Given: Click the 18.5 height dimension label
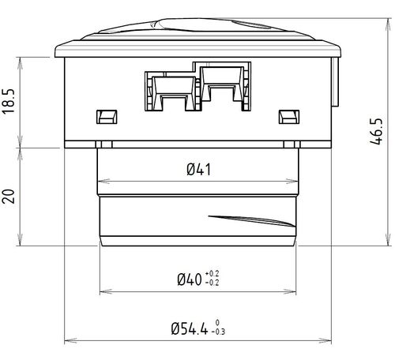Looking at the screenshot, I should click(10, 103).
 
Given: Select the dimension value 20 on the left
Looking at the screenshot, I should click(10, 197).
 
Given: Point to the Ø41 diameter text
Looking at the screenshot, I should click(197, 168).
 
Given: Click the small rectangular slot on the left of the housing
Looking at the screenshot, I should click(104, 116).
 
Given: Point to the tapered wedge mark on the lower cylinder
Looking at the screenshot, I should click(245, 219).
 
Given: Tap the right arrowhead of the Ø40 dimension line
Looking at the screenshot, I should click(294, 292).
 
